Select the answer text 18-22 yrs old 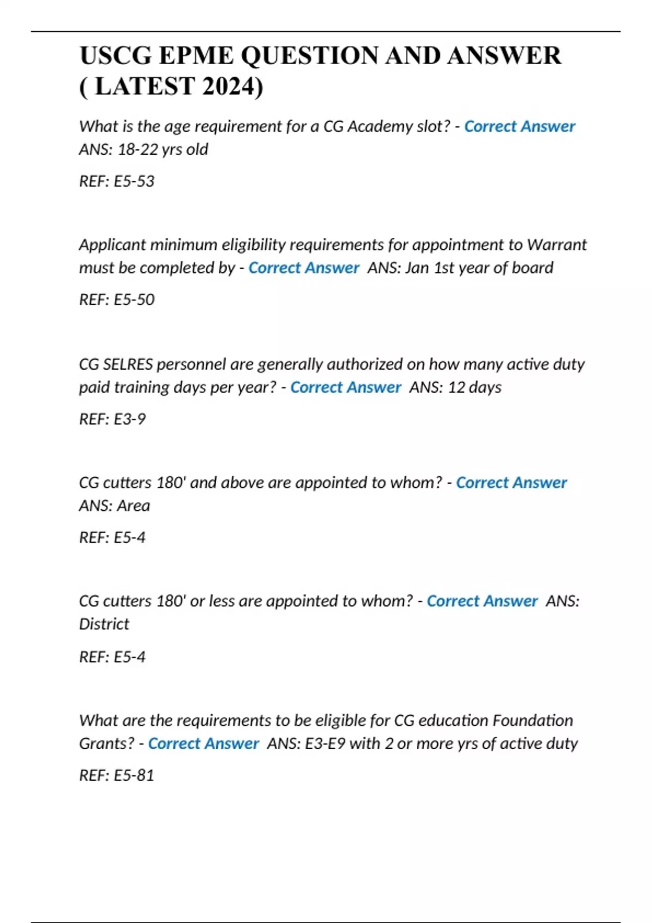coord(163,149)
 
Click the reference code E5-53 coord(134,181)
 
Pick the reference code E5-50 coord(134,300)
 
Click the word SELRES coord(128,364)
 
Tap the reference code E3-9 coord(129,419)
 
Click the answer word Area coord(134,506)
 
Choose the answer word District coord(104,624)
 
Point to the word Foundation coord(533,720)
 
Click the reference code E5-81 coord(134,775)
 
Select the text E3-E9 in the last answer coord(325,744)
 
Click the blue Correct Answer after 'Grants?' coord(203,744)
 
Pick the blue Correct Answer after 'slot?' coord(519,127)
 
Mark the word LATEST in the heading coord(145,86)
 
